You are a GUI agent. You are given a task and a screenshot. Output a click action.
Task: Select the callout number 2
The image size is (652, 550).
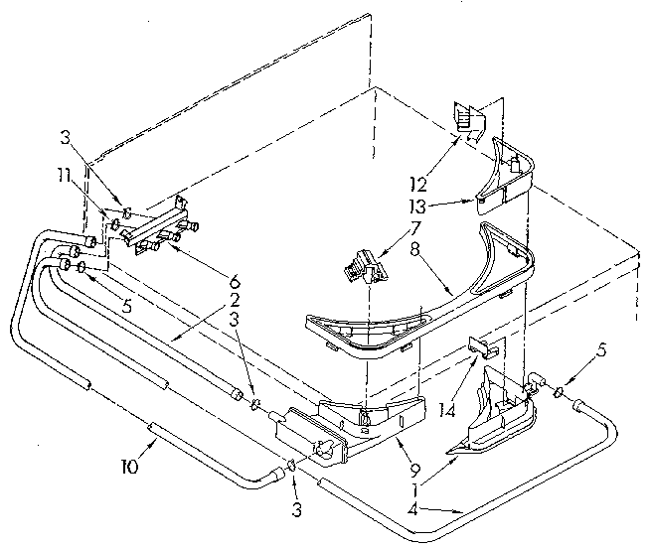pos(232,299)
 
